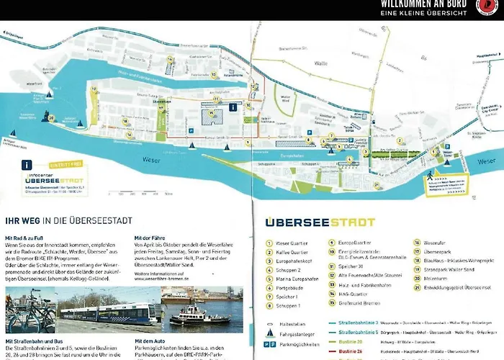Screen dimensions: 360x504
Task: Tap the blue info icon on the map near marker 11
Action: click(233, 107)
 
